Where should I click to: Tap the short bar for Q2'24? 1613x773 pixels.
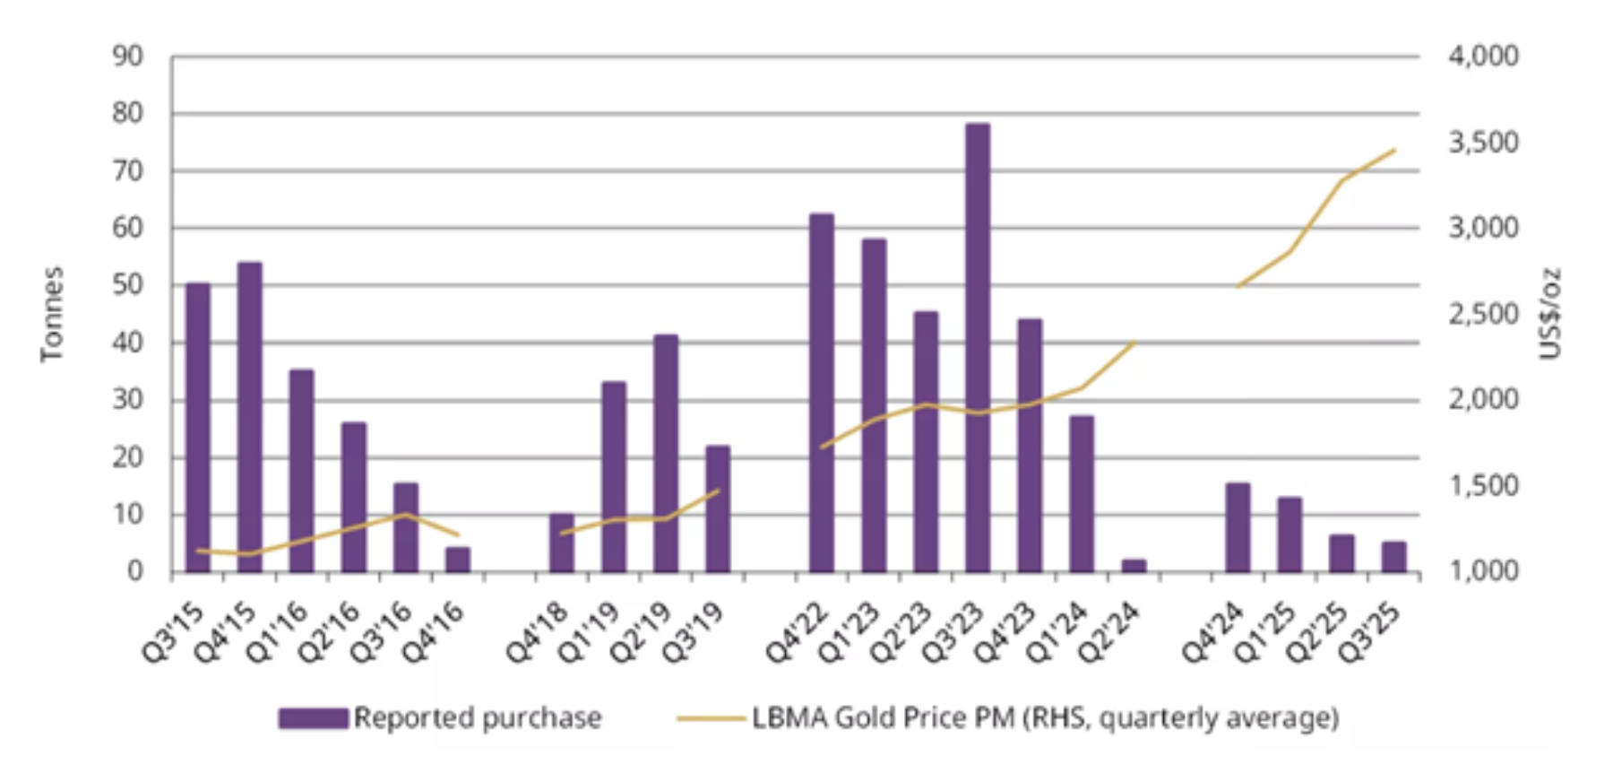click(x=1134, y=566)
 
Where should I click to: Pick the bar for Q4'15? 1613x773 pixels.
click(x=249, y=417)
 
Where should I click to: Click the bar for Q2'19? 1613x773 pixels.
click(x=666, y=453)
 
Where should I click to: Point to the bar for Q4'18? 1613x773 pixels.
click(x=562, y=543)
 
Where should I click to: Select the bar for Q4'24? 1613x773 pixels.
click(x=1238, y=527)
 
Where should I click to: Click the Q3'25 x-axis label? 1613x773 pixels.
click(x=1368, y=632)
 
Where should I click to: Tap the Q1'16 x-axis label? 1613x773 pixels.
click(x=277, y=632)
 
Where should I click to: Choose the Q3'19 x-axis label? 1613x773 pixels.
click(x=693, y=632)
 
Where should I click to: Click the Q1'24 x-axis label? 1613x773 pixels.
click(x=1057, y=632)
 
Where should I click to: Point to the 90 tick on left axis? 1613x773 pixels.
click(x=128, y=56)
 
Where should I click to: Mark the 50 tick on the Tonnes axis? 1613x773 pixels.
click(x=128, y=285)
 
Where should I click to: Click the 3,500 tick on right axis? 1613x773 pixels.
click(x=1483, y=143)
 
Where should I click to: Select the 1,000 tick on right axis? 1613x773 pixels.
click(x=1483, y=571)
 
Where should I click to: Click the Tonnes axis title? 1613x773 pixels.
click(x=52, y=314)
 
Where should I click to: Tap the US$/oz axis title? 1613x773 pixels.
click(x=1549, y=314)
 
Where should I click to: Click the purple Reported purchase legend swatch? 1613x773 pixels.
click(x=313, y=718)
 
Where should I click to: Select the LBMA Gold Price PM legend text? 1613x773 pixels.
click(x=1045, y=718)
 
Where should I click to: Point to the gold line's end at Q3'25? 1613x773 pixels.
click(x=1394, y=151)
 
